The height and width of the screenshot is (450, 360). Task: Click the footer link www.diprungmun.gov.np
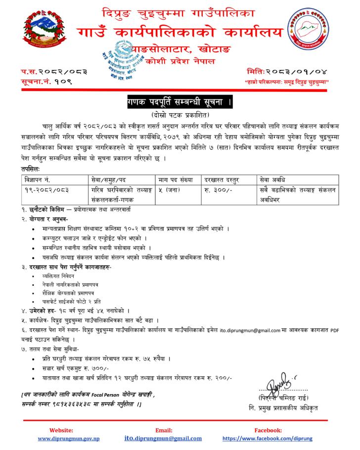point(69,438)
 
